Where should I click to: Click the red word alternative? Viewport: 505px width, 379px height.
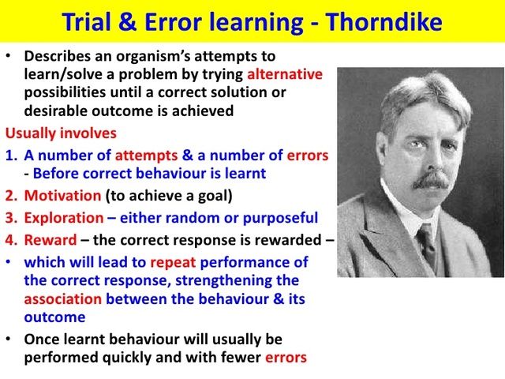(285, 75)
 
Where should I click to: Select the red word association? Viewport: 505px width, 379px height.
(63, 299)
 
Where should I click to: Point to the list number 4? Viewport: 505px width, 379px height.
(11, 239)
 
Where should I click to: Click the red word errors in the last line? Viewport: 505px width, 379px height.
(285, 357)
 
